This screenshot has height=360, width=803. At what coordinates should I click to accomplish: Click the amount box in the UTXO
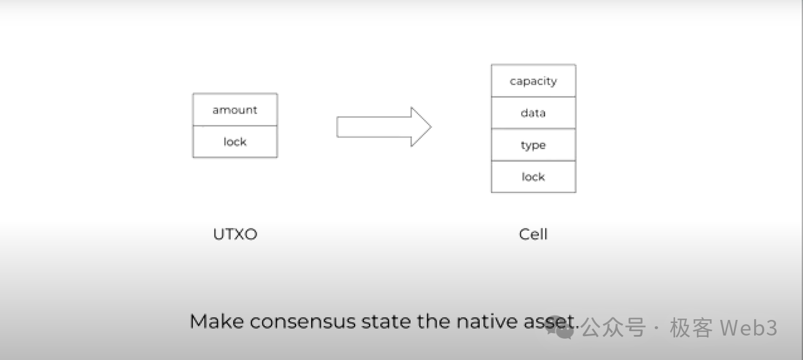[235, 110]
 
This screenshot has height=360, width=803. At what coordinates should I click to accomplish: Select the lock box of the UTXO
[235, 142]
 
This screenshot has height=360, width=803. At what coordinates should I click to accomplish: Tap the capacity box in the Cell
[533, 81]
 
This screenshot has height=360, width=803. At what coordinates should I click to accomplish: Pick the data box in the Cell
[533, 113]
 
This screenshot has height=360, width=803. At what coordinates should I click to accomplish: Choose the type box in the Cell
[533, 145]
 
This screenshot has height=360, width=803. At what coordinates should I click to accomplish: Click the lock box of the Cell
[533, 177]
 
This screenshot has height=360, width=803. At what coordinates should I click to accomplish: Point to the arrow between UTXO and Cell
[383, 127]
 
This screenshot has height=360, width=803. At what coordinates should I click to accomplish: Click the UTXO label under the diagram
[235, 235]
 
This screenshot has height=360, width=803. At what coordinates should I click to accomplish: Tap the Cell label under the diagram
[533, 235]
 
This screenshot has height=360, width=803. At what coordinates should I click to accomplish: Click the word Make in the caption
[216, 322]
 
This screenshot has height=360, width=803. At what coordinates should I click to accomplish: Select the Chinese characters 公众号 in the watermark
[613, 327]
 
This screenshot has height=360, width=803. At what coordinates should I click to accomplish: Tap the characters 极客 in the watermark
[691, 327]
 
